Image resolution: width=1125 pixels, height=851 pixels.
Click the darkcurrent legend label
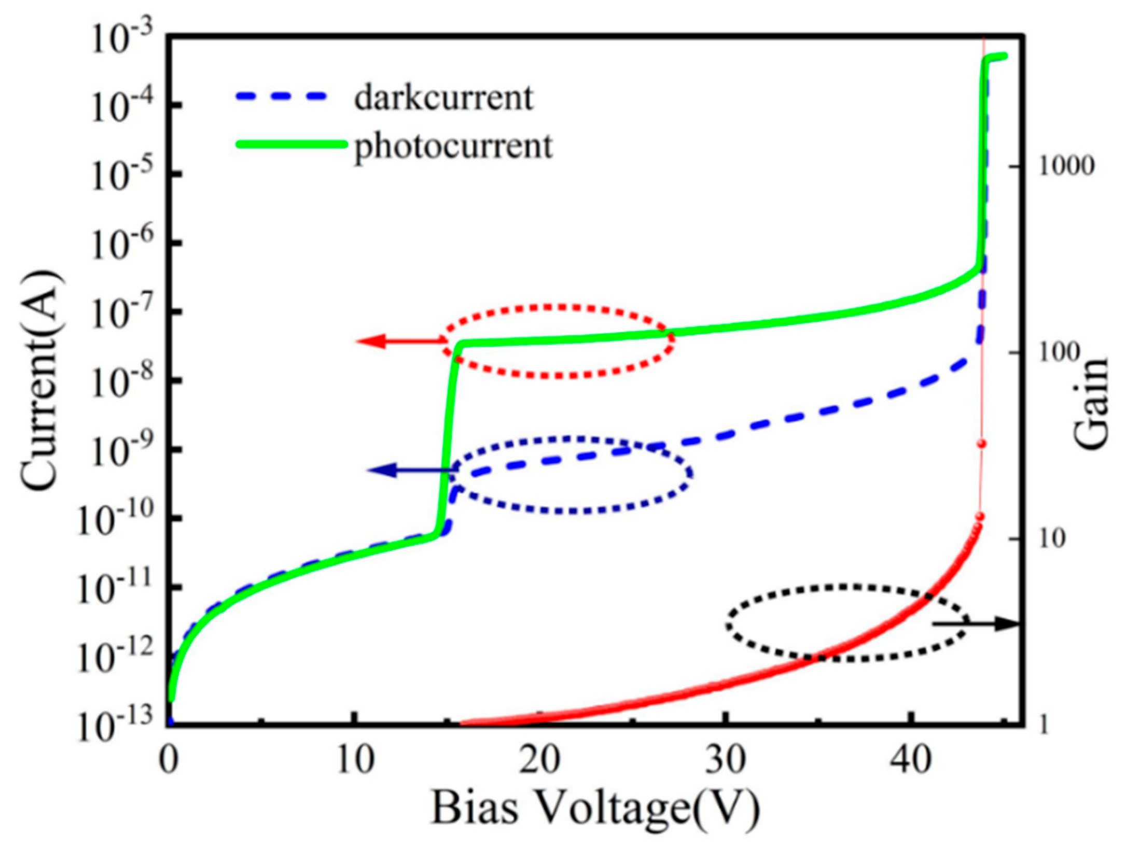[x=443, y=97]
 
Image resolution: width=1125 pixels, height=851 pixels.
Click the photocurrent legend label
[x=453, y=146]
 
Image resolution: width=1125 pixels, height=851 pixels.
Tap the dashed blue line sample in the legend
[x=283, y=97]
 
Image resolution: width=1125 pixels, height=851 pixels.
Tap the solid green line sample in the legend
[x=290, y=145]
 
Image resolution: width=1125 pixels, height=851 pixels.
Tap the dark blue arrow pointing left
[x=410, y=470]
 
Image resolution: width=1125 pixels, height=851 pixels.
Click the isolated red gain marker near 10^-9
[x=981, y=444]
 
